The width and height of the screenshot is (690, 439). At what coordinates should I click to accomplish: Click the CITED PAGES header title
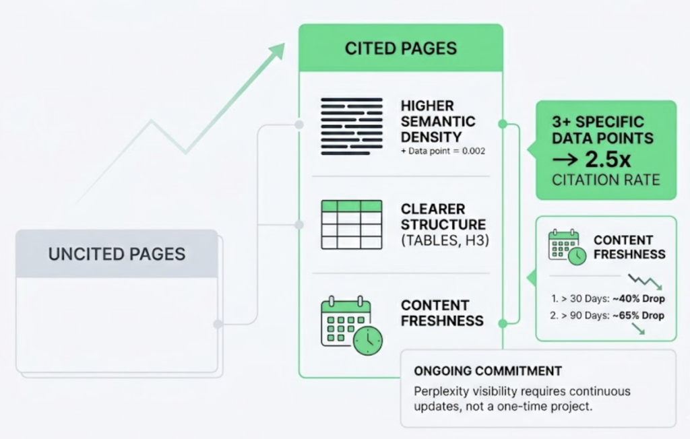point(400,48)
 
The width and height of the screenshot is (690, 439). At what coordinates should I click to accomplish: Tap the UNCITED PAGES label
point(117,254)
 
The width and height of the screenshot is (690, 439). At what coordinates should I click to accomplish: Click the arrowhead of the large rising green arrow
point(276,52)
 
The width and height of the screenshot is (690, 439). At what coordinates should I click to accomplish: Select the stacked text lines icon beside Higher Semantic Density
point(350,120)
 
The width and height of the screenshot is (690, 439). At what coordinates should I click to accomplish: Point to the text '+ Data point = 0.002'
point(443,151)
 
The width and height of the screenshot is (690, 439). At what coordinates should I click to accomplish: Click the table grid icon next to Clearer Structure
point(350,224)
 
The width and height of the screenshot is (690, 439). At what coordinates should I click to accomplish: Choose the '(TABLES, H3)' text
point(443,239)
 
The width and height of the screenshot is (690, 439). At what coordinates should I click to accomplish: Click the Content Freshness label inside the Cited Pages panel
point(442,313)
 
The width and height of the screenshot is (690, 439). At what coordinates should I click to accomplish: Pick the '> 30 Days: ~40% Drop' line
point(606,298)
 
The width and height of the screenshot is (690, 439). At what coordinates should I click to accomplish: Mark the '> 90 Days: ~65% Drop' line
point(606,316)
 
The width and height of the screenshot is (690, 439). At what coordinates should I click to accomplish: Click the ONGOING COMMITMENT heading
point(487,371)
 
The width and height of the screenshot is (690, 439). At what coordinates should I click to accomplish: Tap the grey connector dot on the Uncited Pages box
point(218,324)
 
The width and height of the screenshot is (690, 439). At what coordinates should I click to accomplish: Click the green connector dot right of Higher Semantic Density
point(502,124)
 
